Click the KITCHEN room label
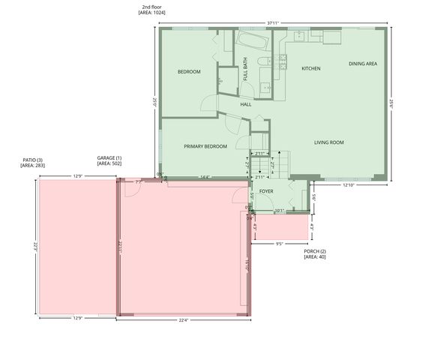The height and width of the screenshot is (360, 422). click(x=311, y=68)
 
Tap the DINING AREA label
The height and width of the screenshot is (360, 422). click(x=363, y=64)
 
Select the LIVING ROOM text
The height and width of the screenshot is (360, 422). click(x=328, y=142)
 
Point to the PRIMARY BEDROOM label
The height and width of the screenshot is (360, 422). click(x=205, y=146)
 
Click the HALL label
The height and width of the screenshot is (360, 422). click(x=246, y=104)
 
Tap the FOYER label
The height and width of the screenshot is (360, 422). click(x=266, y=191)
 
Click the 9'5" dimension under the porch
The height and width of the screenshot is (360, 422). click(x=279, y=244)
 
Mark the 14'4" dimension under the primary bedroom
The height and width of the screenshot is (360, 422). click(x=205, y=178)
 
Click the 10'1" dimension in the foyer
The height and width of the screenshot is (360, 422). click(x=279, y=210)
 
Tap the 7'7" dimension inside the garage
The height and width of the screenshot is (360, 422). click(x=138, y=181)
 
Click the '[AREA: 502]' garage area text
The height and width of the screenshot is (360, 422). click(x=109, y=163)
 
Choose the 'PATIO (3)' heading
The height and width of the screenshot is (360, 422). click(x=34, y=159)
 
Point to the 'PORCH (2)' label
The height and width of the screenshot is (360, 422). click(x=315, y=250)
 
